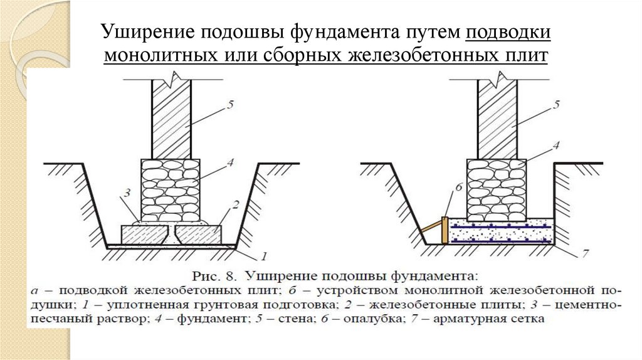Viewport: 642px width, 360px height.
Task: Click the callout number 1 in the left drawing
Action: pos(264,256)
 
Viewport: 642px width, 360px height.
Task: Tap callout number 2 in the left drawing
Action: pos(236,204)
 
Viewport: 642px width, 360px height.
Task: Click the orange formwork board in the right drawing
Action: pos(445,230)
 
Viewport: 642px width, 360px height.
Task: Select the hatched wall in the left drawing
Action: pos(171,119)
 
